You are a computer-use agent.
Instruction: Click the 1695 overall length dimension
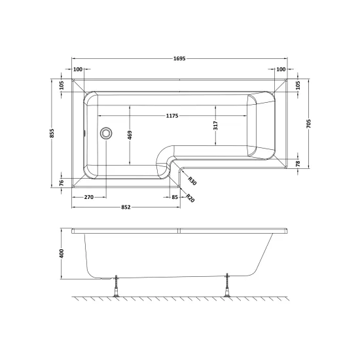pos(179,58)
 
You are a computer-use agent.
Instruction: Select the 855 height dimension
pos(52,133)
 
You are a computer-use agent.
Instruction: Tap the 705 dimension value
pos(308,124)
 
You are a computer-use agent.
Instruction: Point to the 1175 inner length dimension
pos(172,116)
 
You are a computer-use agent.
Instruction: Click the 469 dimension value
pos(130,135)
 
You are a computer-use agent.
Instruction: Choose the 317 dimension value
pos(215,126)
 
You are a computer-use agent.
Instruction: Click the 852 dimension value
pos(126,207)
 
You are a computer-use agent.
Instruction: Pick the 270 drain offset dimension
pos(89,197)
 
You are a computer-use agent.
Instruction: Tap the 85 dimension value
pos(175,197)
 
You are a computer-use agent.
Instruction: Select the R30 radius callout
pos(192,181)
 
